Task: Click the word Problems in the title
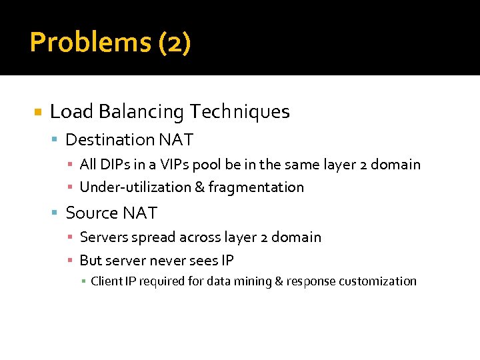click(x=91, y=43)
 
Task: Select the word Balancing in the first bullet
click(x=140, y=111)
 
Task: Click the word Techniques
click(x=239, y=111)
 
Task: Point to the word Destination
click(x=110, y=140)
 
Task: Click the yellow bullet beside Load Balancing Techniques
click(x=38, y=112)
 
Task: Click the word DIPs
click(x=112, y=164)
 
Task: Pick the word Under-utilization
click(x=135, y=187)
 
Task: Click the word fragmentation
click(x=256, y=187)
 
